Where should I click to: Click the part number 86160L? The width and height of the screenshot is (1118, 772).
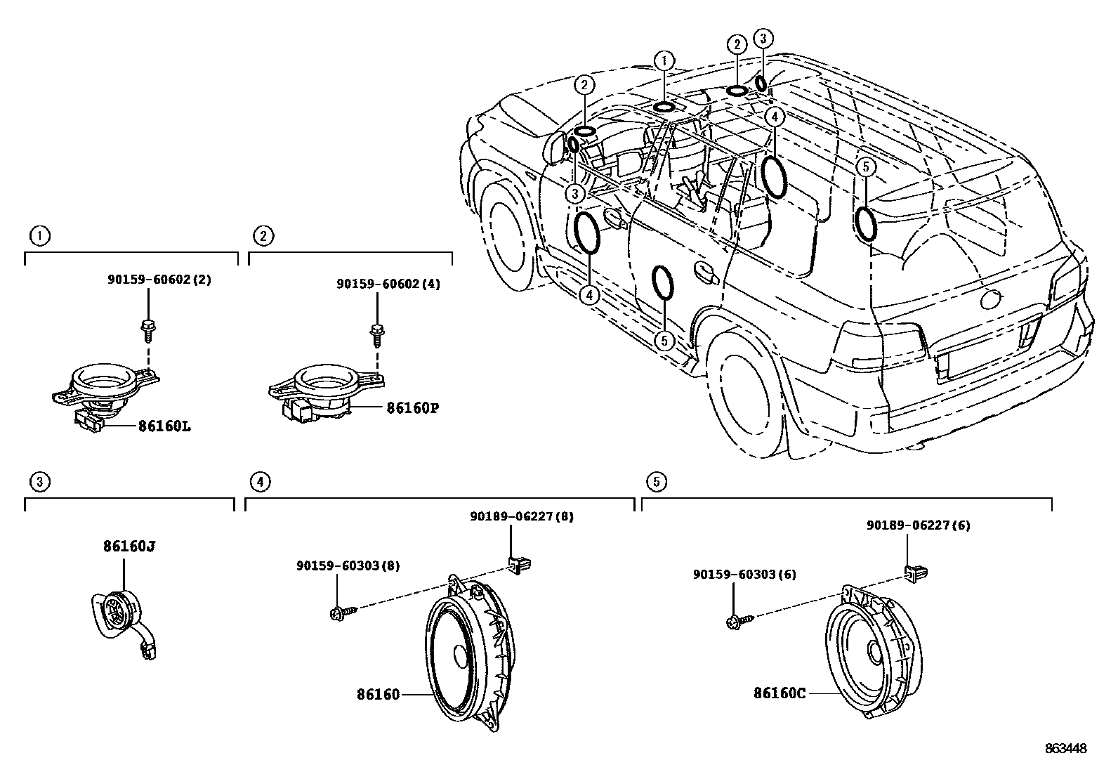click(x=164, y=426)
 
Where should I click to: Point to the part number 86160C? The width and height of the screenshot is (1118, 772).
click(x=780, y=693)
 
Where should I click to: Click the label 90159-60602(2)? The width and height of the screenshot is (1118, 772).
click(x=159, y=279)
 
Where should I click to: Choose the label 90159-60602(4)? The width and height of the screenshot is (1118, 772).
click(x=388, y=284)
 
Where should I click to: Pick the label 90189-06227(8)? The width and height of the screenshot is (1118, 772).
click(x=522, y=516)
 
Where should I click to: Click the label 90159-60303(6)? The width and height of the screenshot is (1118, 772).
click(x=744, y=574)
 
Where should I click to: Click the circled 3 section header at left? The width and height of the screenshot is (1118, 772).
click(x=40, y=481)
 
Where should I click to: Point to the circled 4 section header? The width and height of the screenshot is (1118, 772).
click(x=260, y=481)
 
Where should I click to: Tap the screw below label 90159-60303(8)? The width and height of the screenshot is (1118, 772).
click(x=343, y=613)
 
